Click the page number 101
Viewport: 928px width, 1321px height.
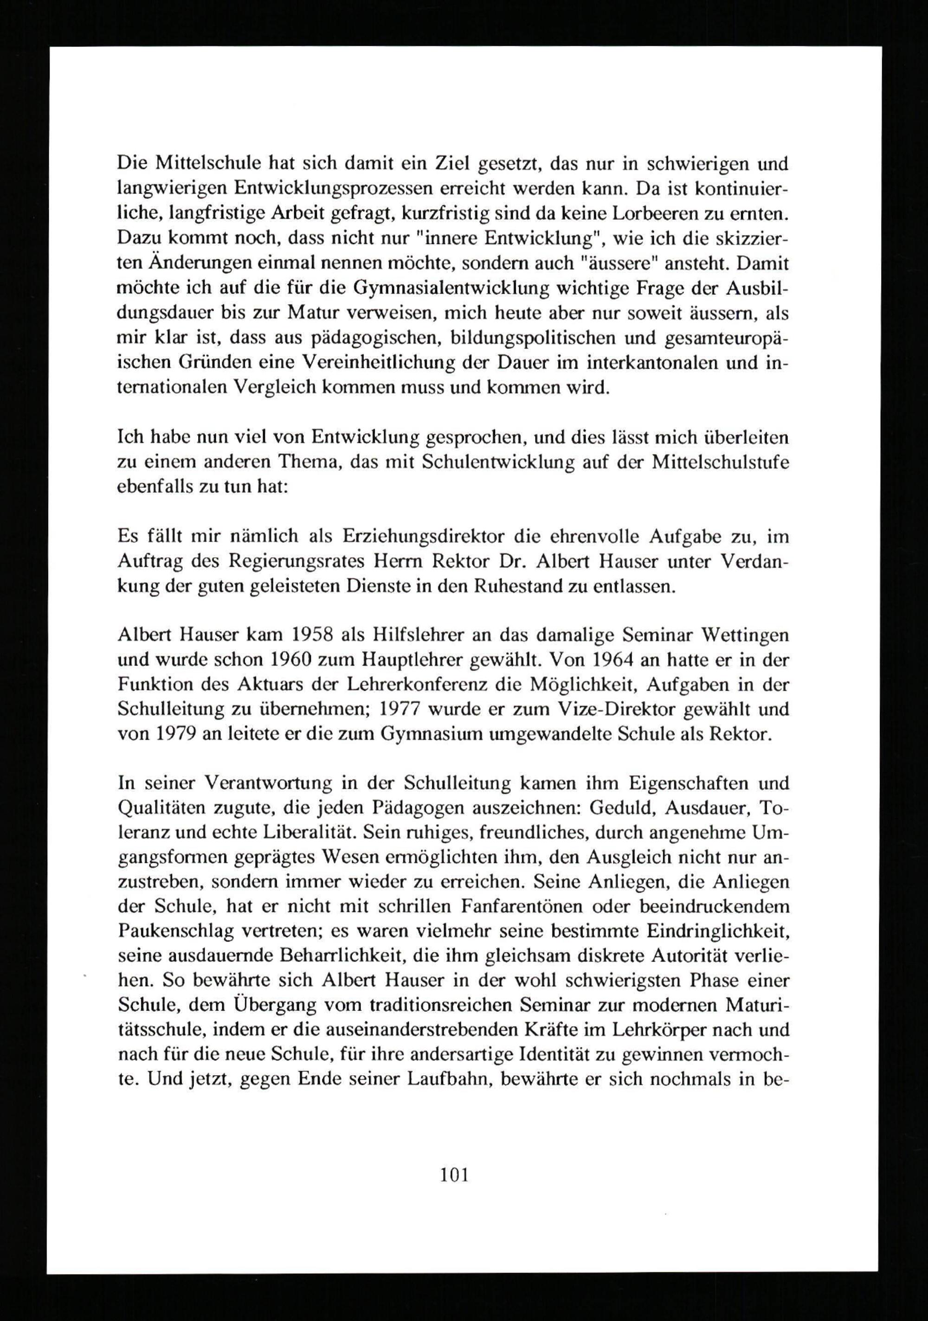454,1158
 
